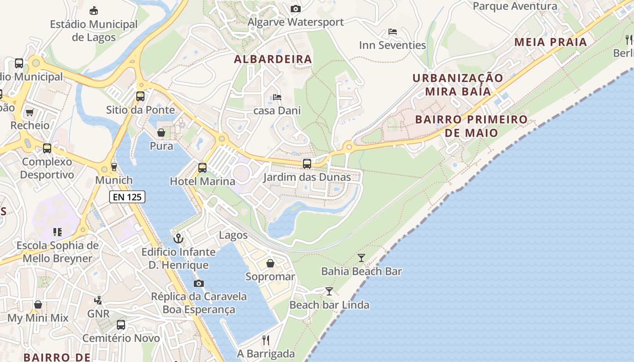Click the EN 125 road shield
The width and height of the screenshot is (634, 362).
127,197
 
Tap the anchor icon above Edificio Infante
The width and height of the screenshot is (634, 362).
178,238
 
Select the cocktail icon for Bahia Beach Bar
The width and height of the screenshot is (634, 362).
361,258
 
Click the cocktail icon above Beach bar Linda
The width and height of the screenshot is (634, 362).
329,291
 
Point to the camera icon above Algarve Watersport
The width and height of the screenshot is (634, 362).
295,9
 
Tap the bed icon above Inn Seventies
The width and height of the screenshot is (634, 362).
393,32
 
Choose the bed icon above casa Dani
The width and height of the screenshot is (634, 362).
277,97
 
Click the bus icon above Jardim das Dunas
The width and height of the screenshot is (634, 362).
307,164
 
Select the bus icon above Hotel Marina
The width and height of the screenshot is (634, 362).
202,168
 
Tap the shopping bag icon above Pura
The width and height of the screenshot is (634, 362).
161,133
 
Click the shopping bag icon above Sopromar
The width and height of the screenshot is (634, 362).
270,263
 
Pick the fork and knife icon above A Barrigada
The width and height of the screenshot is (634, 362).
266,340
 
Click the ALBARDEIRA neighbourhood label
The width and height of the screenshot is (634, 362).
273,59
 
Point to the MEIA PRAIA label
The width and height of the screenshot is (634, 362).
551,42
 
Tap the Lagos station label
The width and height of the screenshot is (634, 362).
233,235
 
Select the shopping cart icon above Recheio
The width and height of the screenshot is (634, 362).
30,112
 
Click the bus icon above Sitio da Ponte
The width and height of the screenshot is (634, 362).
140,96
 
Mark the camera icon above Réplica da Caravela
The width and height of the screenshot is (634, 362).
198,284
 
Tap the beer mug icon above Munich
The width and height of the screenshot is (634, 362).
114,167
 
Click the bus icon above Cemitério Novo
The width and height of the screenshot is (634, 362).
121,324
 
